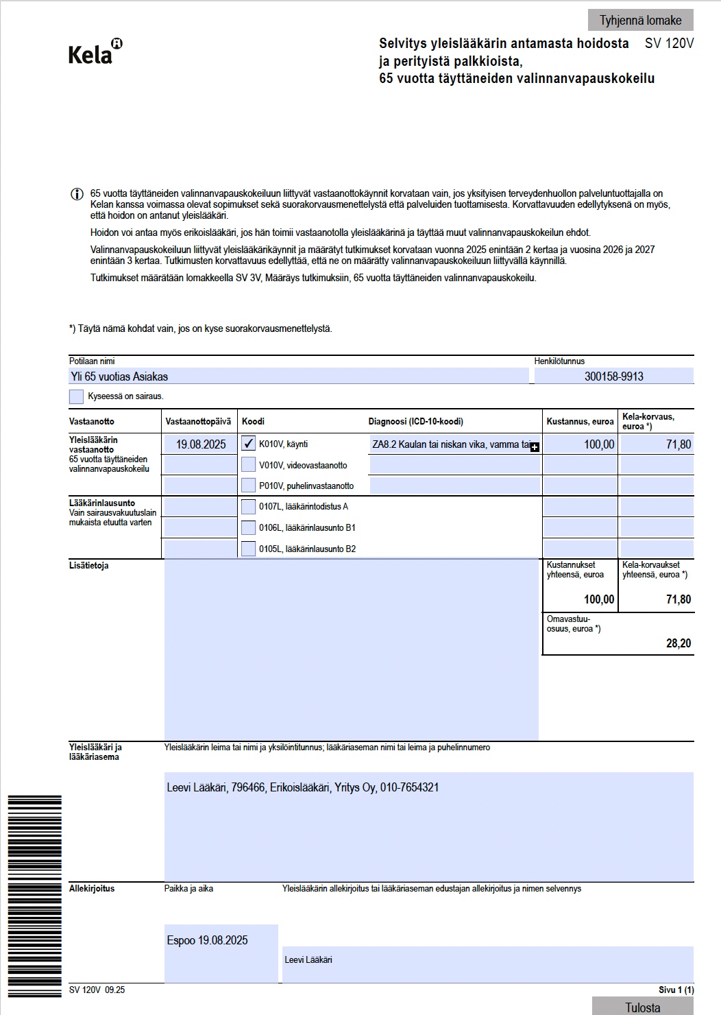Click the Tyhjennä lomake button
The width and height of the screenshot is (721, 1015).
click(x=640, y=20)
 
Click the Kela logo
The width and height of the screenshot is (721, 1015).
click(x=95, y=52)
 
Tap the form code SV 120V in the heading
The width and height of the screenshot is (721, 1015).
click(x=669, y=43)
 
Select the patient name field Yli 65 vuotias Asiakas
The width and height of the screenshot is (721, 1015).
click(x=299, y=376)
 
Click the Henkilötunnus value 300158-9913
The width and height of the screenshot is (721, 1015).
click(x=613, y=376)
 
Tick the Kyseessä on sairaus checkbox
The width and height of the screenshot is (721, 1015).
click(x=77, y=396)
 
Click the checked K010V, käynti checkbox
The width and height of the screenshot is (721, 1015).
click(x=249, y=444)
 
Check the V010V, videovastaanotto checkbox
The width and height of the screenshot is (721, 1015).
click(x=249, y=465)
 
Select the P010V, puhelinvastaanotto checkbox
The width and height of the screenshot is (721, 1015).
click(x=249, y=486)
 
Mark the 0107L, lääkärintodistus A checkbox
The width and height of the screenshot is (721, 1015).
click(x=249, y=507)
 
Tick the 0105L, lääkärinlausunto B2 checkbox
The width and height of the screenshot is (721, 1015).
click(x=249, y=549)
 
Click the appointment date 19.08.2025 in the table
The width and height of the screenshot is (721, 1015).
click(x=201, y=444)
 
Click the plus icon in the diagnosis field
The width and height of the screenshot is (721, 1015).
click(x=535, y=447)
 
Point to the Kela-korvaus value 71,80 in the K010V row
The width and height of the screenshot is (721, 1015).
click(x=657, y=444)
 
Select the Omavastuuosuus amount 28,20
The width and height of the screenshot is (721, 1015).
click(x=679, y=643)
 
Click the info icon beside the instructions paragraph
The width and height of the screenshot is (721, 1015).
click(x=77, y=194)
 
